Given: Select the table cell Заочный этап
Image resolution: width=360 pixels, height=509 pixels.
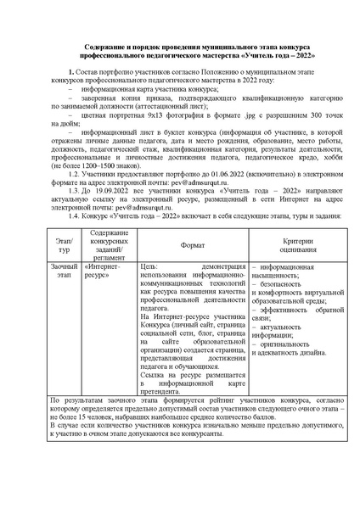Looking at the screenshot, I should pos(59,271).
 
